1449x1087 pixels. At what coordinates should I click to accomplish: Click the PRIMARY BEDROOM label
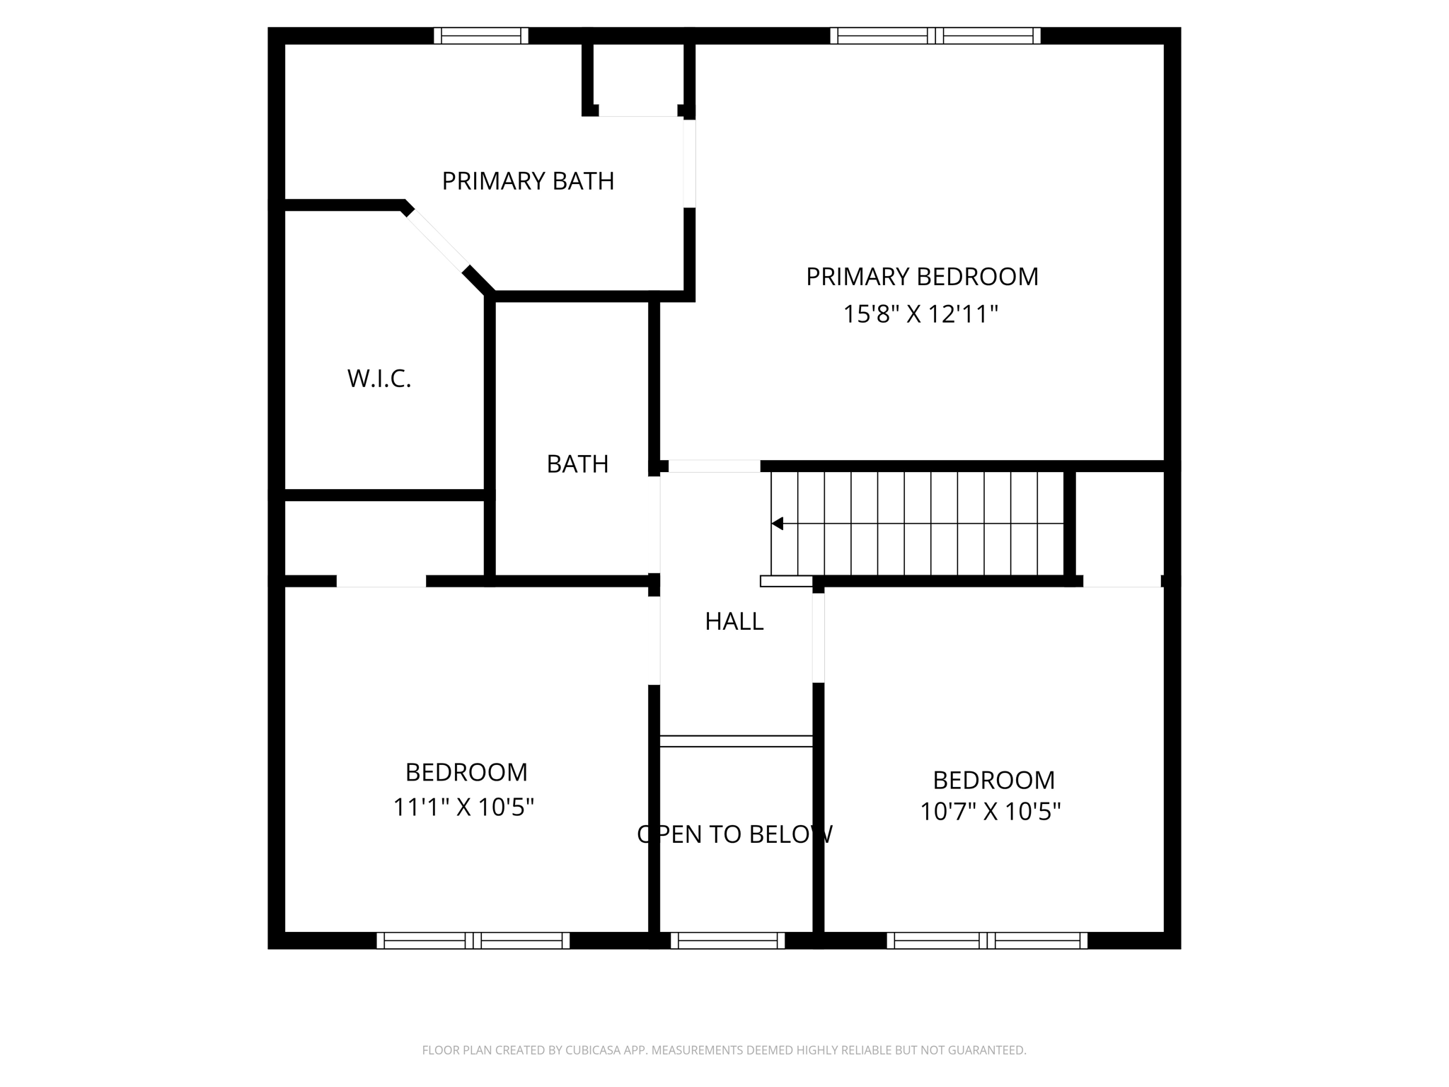(922, 277)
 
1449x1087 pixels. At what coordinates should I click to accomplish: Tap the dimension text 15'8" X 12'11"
(920, 314)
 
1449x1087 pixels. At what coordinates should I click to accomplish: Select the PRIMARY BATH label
(528, 181)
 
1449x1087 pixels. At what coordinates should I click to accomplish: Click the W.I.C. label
(379, 379)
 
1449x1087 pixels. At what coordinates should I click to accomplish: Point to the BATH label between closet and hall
(577, 464)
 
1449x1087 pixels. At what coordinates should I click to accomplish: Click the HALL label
(734, 621)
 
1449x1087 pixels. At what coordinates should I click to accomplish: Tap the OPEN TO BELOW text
(734, 835)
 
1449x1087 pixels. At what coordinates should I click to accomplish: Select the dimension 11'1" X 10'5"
(463, 807)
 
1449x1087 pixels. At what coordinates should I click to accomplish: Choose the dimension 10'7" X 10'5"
(990, 812)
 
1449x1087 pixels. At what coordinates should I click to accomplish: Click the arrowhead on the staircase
(778, 524)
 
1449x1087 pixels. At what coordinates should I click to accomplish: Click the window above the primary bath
(481, 35)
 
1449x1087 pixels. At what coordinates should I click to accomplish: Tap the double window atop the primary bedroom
(935, 35)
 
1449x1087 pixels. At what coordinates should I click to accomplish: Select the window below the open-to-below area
(727, 941)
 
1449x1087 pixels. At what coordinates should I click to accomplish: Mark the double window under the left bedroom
(473, 941)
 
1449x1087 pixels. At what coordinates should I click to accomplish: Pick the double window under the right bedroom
(987, 941)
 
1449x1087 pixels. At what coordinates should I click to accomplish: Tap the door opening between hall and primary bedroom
(714, 466)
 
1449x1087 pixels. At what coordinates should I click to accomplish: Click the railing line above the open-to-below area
(736, 741)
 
